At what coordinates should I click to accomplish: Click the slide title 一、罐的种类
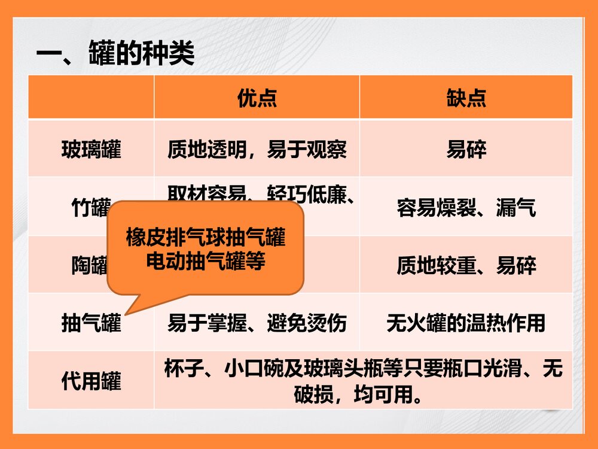tap(115, 54)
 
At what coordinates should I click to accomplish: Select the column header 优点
tap(257, 98)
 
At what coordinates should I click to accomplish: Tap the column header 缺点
tap(466, 98)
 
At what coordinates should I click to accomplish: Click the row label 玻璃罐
tap(91, 149)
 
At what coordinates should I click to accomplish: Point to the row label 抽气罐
tap(91, 323)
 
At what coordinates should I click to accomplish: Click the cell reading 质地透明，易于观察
tap(257, 149)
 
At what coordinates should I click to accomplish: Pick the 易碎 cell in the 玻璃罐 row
tap(466, 149)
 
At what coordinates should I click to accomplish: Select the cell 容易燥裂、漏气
tap(466, 208)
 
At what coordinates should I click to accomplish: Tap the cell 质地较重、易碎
tap(466, 265)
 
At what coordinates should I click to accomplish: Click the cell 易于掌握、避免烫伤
tap(257, 323)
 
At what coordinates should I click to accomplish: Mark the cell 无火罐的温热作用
tap(466, 323)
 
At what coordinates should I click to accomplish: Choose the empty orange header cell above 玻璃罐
tap(91, 98)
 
